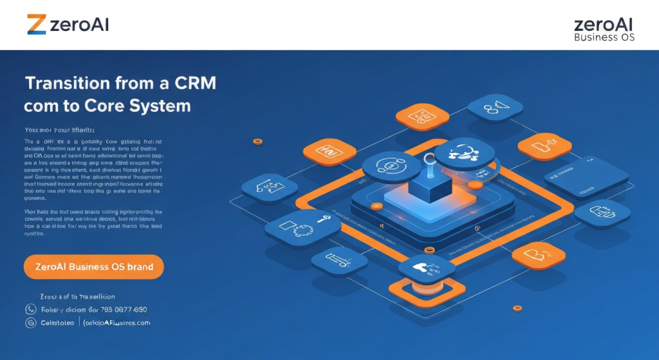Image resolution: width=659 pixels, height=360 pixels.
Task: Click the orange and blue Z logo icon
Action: click(37, 24)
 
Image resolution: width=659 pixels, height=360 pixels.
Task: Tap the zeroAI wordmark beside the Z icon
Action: click(79, 24)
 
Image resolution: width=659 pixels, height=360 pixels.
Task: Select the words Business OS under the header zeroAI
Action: click(604, 37)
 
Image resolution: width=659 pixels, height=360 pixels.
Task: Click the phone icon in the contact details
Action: click(30, 309)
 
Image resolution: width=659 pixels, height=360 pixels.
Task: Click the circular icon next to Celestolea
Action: click(30, 323)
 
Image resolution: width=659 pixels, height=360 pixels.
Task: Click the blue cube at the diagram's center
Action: click(430, 186)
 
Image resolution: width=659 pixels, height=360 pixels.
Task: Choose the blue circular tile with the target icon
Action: click(391, 167)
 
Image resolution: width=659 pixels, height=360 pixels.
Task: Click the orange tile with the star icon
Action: click(544, 146)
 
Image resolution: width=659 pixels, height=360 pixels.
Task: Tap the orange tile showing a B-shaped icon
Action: click(538, 256)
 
